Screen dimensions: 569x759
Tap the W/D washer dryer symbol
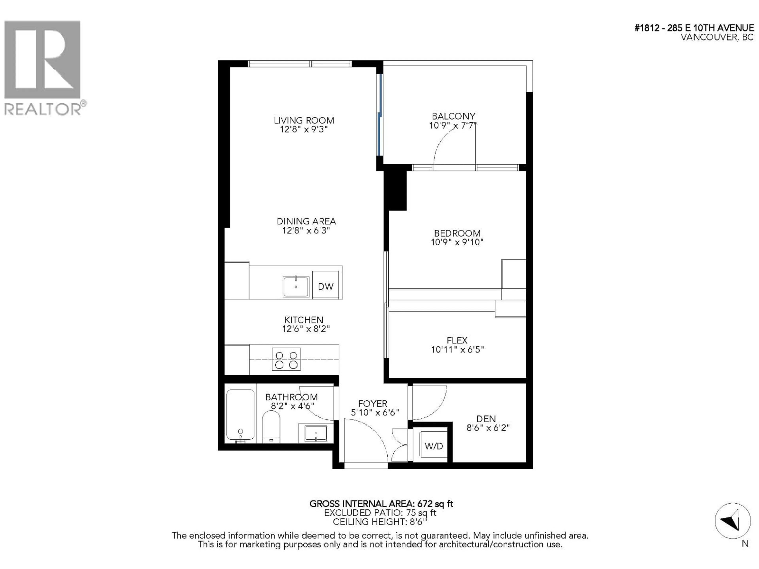[x=434, y=446]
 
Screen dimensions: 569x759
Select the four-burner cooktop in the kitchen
[x=286, y=359]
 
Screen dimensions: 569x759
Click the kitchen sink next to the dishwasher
[x=296, y=287]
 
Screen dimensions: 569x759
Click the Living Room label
[x=304, y=120]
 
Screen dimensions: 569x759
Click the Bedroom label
[x=457, y=233]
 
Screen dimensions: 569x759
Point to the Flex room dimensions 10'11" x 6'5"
[x=457, y=350]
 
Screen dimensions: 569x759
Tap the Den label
[x=486, y=419]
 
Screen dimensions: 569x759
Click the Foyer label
[x=373, y=404]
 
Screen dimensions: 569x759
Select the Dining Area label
[x=306, y=221]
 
